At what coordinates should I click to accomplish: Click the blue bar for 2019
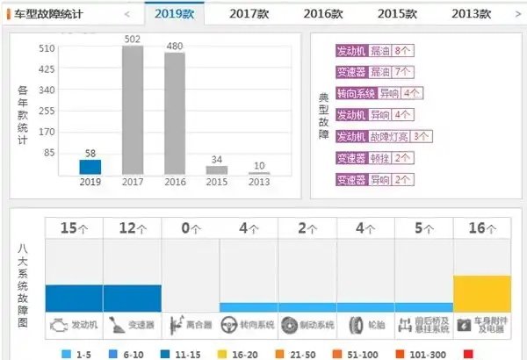tap(90, 167)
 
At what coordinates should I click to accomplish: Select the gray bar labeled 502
tap(133, 110)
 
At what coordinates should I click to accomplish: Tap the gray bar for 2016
tap(175, 112)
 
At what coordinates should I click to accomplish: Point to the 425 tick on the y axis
tap(47, 68)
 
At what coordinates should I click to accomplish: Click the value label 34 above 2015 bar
tap(216, 159)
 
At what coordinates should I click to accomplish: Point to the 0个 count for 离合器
tap(191, 228)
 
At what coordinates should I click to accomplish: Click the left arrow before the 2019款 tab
tap(128, 14)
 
